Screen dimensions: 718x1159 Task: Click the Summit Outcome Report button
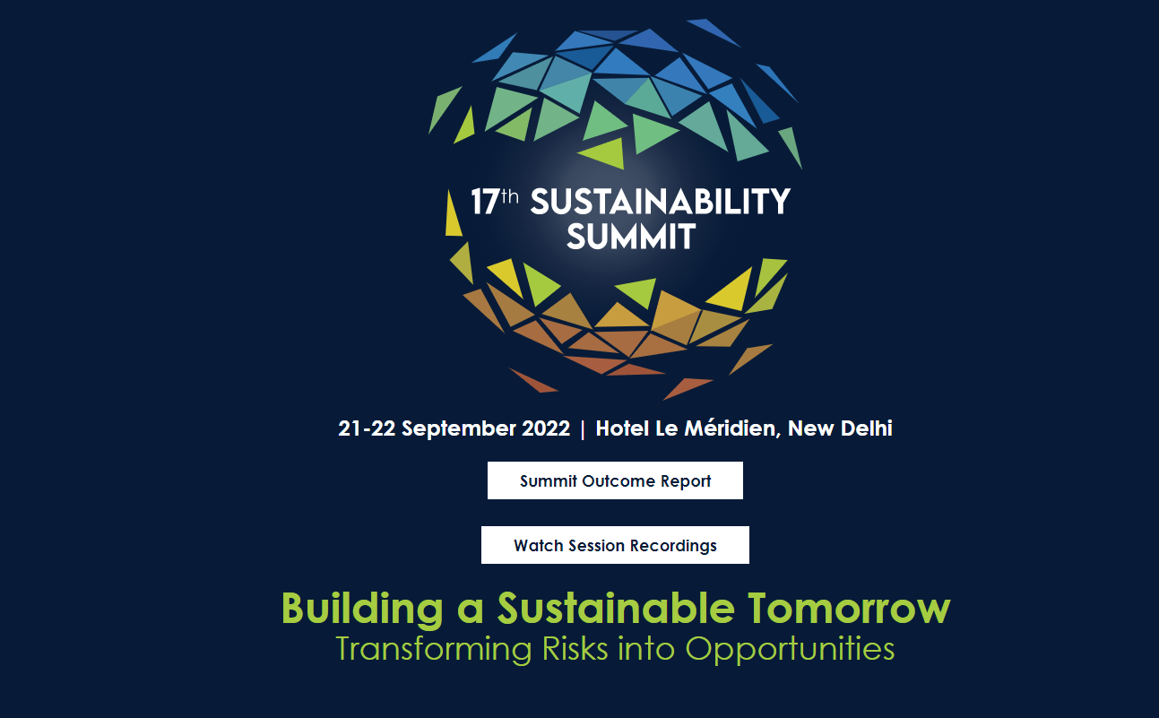point(615,480)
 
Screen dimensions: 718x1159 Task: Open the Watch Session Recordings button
point(615,545)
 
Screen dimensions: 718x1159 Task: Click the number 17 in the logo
point(484,203)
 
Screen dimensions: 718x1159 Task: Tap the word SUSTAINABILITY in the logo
point(661,203)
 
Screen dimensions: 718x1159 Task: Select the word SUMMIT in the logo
point(631,238)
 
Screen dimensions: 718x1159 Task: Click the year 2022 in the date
point(546,428)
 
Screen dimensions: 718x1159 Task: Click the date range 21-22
point(368,428)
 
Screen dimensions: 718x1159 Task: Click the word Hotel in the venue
point(624,428)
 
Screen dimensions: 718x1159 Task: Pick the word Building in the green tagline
point(362,610)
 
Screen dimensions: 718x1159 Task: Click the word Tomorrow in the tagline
point(848,609)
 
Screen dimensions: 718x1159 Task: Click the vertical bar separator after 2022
point(583,429)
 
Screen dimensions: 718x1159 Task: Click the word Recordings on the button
point(673,545)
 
